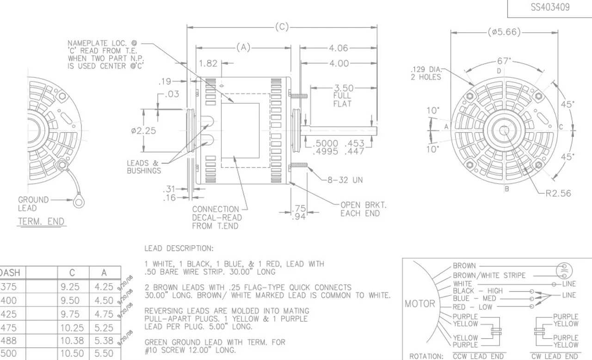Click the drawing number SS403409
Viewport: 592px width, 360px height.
coord(549,8)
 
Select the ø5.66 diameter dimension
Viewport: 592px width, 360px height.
coord(504,32)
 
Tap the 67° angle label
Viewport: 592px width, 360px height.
coord(504,62)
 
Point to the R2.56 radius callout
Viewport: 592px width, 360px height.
coord(558,193)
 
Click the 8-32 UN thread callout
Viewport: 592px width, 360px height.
coord(345,180)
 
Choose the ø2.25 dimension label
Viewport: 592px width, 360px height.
coord(143,131)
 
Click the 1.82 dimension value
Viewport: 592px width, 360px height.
coord(209,63)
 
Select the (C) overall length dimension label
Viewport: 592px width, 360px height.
coord(282,27)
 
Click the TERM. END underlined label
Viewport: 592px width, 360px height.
coord(41,222)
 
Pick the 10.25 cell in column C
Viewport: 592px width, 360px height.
coord(72,328)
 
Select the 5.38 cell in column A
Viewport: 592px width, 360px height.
coord(104,341)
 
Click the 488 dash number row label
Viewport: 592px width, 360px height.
coord(8,341)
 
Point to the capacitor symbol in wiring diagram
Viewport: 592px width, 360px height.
coord(565,270)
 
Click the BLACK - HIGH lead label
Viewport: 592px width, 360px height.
coord(478,291)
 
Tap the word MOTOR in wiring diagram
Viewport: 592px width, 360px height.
coord(419,304)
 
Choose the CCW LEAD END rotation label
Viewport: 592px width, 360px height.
coord(478,356)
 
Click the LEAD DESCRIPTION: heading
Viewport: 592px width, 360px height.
coord(179,248)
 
